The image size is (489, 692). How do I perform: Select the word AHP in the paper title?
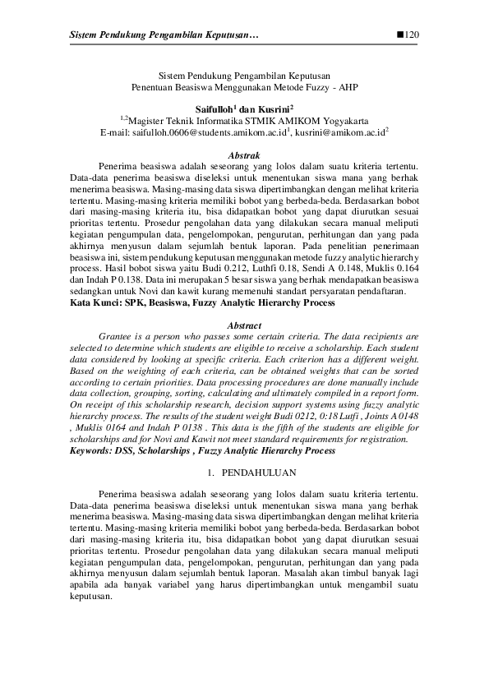(x=347, y=86)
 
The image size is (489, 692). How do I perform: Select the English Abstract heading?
(x=244, y=325)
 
